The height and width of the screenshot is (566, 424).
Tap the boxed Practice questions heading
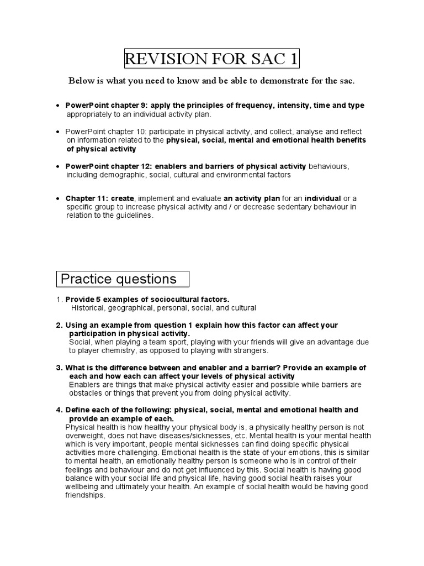tap(118, 279)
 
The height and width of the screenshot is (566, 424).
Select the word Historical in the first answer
tap(88, 307)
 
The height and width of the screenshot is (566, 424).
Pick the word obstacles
tap(86, 393)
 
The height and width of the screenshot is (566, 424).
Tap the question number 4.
tap(59, 410)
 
